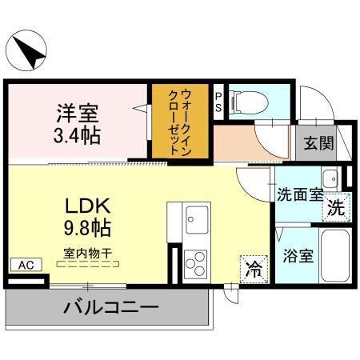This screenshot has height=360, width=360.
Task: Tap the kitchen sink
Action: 195,216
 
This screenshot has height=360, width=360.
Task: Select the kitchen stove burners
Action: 195,262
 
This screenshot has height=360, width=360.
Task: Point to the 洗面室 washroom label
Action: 300,194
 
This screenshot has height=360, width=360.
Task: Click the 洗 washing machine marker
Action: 337,207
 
